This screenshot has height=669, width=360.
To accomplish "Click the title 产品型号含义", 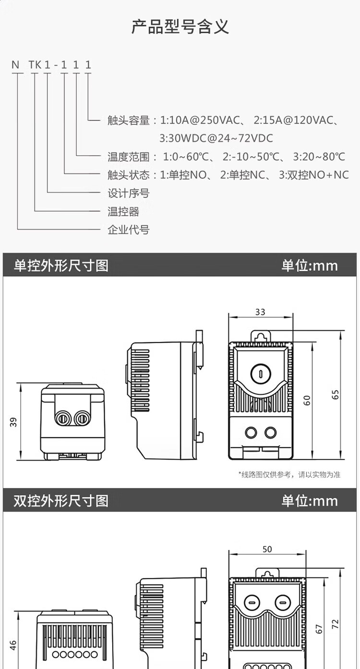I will (x=180, y=27).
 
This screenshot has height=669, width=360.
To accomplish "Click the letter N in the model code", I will (x=16, y=65).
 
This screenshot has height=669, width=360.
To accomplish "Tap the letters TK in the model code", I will (x=35, y=65).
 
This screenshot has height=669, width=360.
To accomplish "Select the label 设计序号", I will (x=128, y=193).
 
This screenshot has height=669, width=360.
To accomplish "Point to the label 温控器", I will (x=123, y=211).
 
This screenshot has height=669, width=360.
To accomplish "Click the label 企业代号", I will (x=128, y=230).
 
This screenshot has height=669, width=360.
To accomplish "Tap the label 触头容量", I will (x=128, y=120).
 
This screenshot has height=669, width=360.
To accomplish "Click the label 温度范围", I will (x=128, y=157).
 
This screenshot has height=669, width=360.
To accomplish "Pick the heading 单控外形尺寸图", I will (x=61, y=266).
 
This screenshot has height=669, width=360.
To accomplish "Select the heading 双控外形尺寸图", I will (x=61, y=500).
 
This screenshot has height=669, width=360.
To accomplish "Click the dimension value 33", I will (x=260, y=312).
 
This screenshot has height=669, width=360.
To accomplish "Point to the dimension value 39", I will (x=13, y=422).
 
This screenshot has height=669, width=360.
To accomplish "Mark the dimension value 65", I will (x=336, y=394).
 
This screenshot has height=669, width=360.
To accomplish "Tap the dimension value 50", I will (x=267, y=549).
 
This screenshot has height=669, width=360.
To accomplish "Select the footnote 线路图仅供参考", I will (x=289, y=474).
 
